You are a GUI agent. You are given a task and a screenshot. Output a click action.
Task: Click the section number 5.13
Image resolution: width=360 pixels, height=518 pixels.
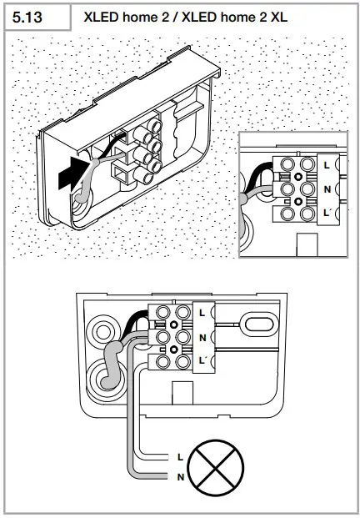29,16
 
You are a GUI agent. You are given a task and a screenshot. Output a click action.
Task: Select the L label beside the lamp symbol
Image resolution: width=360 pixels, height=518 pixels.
180,457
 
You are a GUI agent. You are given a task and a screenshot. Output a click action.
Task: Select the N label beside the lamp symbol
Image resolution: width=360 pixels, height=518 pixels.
180,476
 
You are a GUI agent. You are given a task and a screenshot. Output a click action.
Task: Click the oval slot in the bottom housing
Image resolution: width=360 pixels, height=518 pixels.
255,322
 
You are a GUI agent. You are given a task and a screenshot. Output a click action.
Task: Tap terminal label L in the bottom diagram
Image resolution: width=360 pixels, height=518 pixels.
202,313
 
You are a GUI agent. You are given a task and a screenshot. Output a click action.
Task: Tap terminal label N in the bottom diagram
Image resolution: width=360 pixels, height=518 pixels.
202,337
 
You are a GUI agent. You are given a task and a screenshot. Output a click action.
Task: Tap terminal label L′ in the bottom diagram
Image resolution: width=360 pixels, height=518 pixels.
203,360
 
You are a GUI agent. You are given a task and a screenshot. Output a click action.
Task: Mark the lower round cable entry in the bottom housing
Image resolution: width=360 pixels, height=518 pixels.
108,377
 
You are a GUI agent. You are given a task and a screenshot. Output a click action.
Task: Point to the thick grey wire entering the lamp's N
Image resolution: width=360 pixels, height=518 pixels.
154,476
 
